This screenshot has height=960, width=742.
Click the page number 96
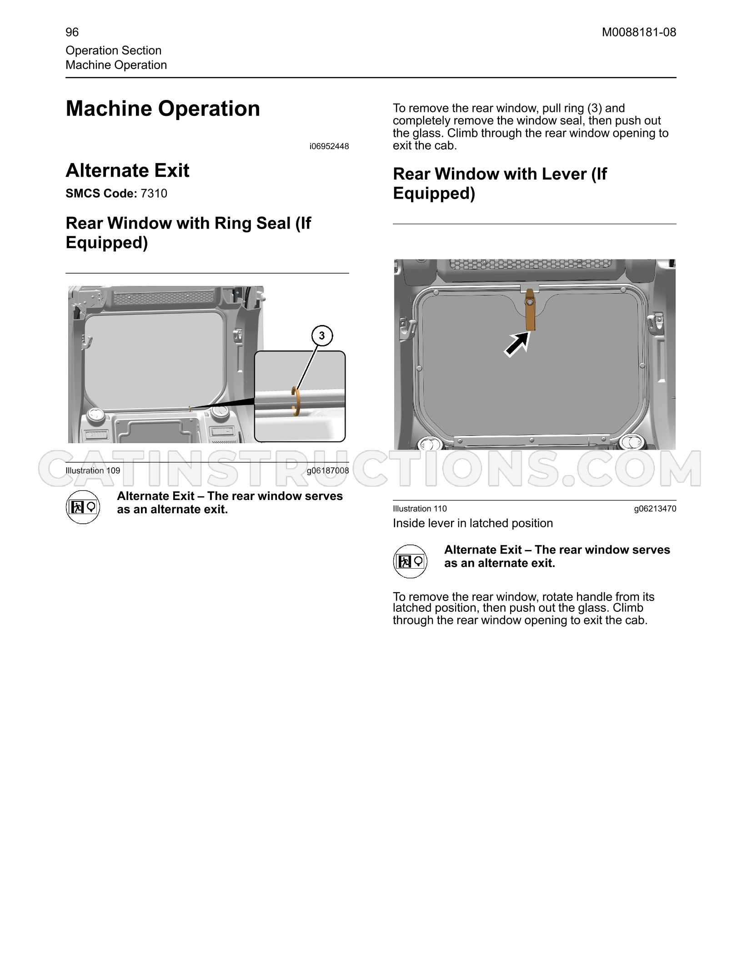[72, 32]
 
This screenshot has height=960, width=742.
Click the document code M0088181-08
[639, 32]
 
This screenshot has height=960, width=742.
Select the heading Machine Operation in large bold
[163, 109]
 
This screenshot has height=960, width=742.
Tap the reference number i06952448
[329, 146]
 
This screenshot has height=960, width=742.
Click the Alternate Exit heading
[128, 171]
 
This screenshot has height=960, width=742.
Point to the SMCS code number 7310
[154, 194]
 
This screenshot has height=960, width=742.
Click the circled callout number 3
[322, 336]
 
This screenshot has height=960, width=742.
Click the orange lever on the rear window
[530, 310]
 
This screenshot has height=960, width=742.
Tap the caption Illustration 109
[93, 470]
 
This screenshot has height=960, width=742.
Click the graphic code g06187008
[328, 470]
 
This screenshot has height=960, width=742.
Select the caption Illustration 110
[420, 509]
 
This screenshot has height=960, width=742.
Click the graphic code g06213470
[655, 509]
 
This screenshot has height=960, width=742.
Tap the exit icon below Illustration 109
[83, 507]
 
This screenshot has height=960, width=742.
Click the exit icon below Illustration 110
[410, 561]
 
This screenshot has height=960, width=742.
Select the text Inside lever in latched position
[473, 523]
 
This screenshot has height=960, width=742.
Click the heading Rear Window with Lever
[500, 183]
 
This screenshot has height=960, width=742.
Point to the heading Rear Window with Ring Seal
[189, 233]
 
